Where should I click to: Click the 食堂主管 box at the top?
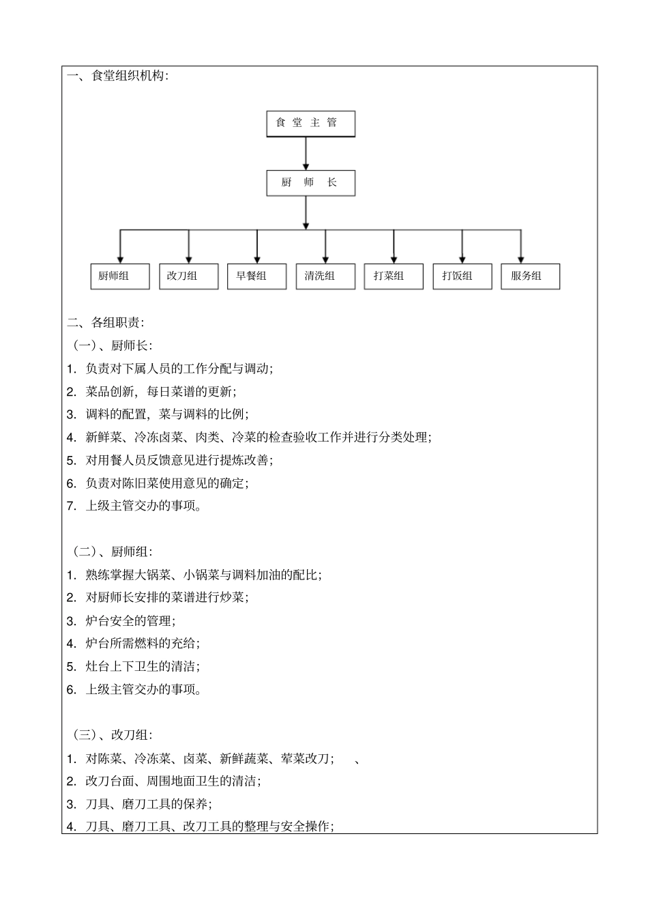tap(310, 124)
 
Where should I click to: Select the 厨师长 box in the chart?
tap(310, 183)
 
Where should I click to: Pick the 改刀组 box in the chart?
tap(188, 276)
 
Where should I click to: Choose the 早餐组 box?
tap(256, 276)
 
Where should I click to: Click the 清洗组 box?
tap(325, 276)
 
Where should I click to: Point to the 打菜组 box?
tap(394, 276)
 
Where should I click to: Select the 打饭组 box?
tap(462, 276)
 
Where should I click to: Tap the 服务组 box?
tap(530, 276)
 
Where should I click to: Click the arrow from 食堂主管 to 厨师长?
tap(306, 154)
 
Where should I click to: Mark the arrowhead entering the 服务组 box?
tap(521, 259)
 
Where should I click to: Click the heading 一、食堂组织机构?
tap(117, 76)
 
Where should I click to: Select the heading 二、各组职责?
tap(106, 322)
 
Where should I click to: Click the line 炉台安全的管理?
tap(130, 620)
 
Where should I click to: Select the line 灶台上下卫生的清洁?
tap(142, 666)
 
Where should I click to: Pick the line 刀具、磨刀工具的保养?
tap(148, 804)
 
